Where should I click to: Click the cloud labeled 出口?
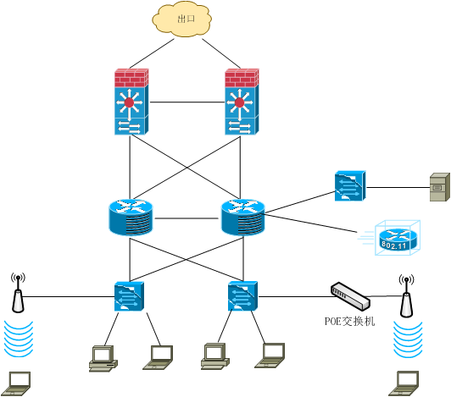pyautogui.click(x=181, y=19)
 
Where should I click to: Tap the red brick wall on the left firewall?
pyautogui.click(x=131, y=78)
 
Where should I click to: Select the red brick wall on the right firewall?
pyautogui.click(x=242, y=78)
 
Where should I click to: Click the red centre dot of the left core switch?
pyautogui.click(x=129, y=102)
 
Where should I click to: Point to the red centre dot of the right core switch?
pyautogui.click(x=239, y=102)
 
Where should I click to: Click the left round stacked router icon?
pyautogui.click(x=131, y=218)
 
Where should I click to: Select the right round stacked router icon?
pyautogui.click(x=242, y=218)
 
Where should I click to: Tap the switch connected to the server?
pyautogui.click(x=350, y=186)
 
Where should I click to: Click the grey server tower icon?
pyautogui.click(x=440, y=187)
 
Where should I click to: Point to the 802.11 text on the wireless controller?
pyautogui.click(x=394, y=245)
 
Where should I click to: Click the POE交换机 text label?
pyautogui.click(x=350, y=321)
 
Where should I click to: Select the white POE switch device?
pyautogui.click(x=350, y=296)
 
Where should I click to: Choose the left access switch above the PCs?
pyautogui.click(x=129, y=296)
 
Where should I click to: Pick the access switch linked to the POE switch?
pyautogui.click(x=242, y=296)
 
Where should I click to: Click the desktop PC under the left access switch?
pyautogui.click(x=103, y=359)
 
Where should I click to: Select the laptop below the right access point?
pyautogui.click(x=404, y=383)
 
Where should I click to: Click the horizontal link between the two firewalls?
pyautogui.click(x=187, y=102)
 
